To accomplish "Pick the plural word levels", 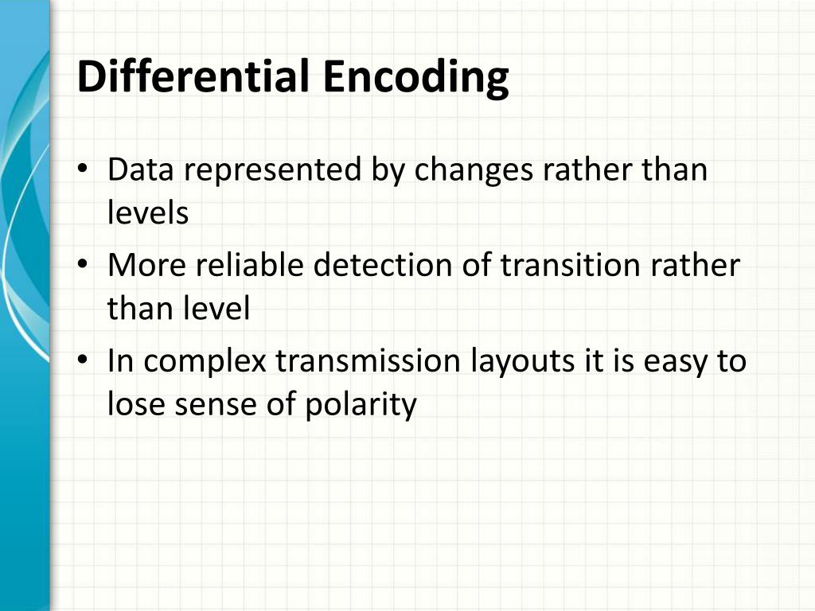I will [x=148, y=212].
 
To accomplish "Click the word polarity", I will [x=361, y=405].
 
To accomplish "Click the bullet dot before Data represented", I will [x=84, y=171].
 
